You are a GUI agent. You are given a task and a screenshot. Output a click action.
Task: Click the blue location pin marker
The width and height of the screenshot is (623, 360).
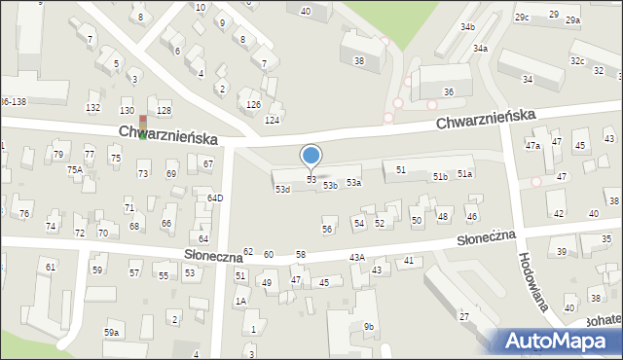(311, 157)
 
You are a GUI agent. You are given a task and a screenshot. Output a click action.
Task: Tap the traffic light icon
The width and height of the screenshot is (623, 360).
(143, 126)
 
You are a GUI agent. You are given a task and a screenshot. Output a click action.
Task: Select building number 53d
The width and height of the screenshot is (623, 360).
(282, 189)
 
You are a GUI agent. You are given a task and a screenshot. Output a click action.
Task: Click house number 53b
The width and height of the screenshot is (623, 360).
(330, 185)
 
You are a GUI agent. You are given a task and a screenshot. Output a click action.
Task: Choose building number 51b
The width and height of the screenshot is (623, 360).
(440, 176)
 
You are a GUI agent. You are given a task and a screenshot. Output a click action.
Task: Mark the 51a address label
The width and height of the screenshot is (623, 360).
(464, 173)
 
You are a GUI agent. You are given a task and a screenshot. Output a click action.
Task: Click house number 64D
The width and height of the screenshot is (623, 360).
(215, 198)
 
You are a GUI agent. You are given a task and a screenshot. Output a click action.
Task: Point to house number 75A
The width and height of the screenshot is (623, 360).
(74, 169)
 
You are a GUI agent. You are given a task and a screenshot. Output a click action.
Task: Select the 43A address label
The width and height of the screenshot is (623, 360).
(357, 257)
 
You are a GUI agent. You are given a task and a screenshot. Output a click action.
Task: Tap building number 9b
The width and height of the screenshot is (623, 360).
(369, 326)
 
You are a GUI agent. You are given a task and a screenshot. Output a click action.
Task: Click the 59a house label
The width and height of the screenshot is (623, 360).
(112, 333)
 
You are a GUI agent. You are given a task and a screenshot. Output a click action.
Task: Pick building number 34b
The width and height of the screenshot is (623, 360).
(468, 26)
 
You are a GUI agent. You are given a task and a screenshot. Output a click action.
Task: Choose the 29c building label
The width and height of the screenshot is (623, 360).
(523, 18)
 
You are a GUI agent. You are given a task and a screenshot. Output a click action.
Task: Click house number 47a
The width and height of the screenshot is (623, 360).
(532, 146)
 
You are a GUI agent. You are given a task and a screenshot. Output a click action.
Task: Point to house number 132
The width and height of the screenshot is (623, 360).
(92, 107)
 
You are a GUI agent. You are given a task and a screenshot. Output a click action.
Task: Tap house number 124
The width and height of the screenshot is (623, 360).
(272, 120)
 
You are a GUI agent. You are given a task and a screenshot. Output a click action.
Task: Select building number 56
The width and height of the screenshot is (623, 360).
(327, 229)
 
